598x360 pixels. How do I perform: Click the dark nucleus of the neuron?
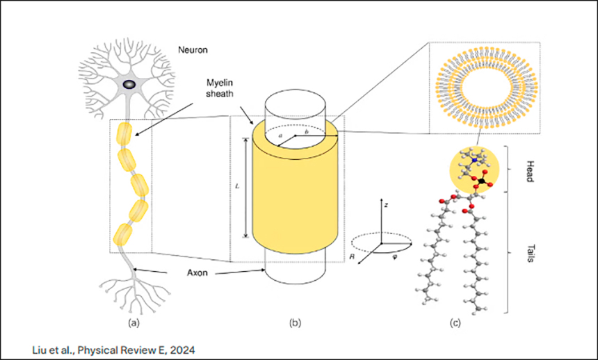(x=130, y=84)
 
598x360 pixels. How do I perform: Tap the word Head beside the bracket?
(x=526, y=169)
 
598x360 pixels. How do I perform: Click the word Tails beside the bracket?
(x=526, y=253)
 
